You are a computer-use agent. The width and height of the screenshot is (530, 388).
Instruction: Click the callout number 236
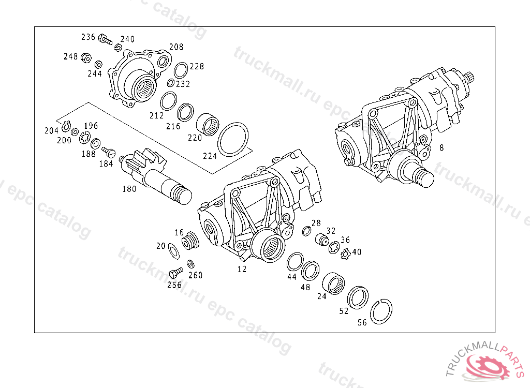(x=88, y=37)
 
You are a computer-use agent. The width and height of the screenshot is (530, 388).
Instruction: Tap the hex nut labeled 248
(x=86, y=58)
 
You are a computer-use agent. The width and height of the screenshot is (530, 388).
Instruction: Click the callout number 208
(x=176, y=47)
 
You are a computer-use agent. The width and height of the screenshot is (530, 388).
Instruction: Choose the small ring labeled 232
(x=171, y=83)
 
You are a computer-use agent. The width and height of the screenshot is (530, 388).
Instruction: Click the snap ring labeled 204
(x=66, y=127)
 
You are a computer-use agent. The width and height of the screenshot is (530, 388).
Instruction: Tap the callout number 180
(x=129, y=189)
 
